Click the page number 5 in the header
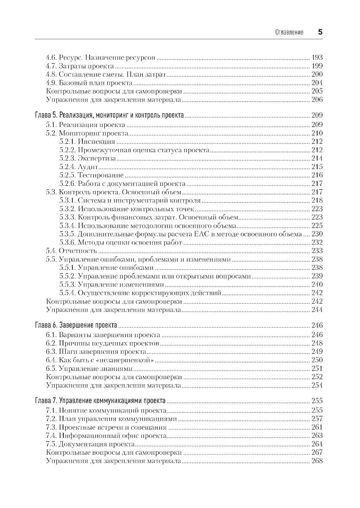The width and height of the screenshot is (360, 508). click(320, 32)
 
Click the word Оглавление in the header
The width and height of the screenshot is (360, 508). click(289, 32)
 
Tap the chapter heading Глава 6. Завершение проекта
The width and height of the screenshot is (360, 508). click(76, 325)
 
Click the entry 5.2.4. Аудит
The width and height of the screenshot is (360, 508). click(79, 167)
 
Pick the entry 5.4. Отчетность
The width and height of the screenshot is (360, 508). click(72, 251)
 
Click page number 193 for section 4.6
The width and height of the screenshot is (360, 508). click(317, 58)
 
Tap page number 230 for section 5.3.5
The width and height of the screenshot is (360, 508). click(317, 234)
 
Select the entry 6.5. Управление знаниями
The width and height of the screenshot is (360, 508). click(89, 369)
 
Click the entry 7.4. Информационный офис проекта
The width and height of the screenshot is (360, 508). click(106, 436)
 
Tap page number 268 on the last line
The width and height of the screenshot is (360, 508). click(317, 461)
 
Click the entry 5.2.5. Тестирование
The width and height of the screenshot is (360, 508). click(91, 175)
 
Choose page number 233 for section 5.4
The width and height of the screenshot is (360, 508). click(317, 251)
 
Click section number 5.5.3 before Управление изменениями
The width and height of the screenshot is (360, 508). click(67, 285)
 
